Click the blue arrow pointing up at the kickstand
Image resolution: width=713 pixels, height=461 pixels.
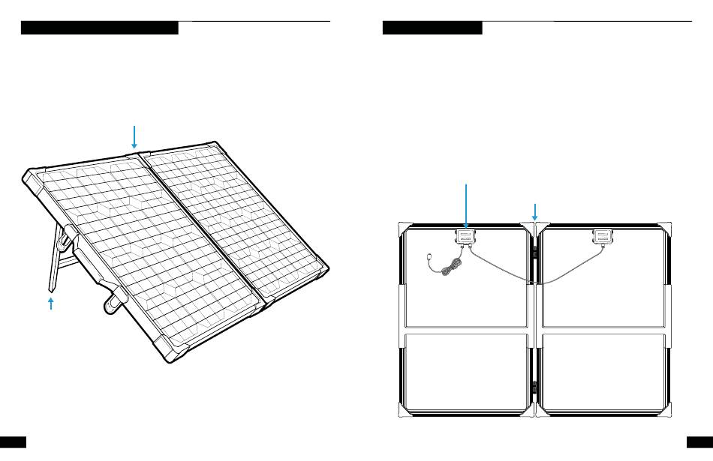[x=51, y=303]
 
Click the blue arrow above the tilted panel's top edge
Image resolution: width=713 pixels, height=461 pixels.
[x=134, y=136]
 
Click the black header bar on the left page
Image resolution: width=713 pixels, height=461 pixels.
[x=99, y=28]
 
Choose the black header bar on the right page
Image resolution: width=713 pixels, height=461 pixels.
[x=432, y=28]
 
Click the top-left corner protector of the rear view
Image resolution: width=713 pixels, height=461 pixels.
[x=403, y=228]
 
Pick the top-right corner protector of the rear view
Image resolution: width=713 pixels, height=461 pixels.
[x=663, y=228]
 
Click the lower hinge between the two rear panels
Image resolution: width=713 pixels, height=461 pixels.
[x=534, y=388]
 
